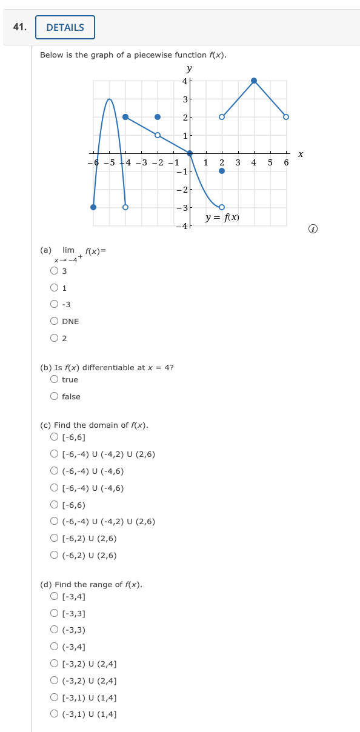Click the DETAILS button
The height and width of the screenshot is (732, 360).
coord(65,27)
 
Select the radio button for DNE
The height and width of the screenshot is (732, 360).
coord(55,321)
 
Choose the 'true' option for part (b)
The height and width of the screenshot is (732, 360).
coord(55,379)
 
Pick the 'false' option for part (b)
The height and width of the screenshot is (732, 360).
coord(55,396)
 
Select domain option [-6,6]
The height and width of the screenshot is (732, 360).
coord(55,437)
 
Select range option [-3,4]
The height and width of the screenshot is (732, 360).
coord(55,596)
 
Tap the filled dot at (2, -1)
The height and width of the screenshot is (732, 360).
coord(222,171)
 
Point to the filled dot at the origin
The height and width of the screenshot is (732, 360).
coord(190,153)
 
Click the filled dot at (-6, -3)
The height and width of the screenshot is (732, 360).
coord(93,207)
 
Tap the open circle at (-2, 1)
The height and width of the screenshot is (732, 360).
coord(158,135)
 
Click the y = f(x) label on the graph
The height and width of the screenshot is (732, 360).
coord(222,217)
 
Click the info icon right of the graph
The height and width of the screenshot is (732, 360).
coord(313,229)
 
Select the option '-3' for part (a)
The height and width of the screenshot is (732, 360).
coord(55,304)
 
